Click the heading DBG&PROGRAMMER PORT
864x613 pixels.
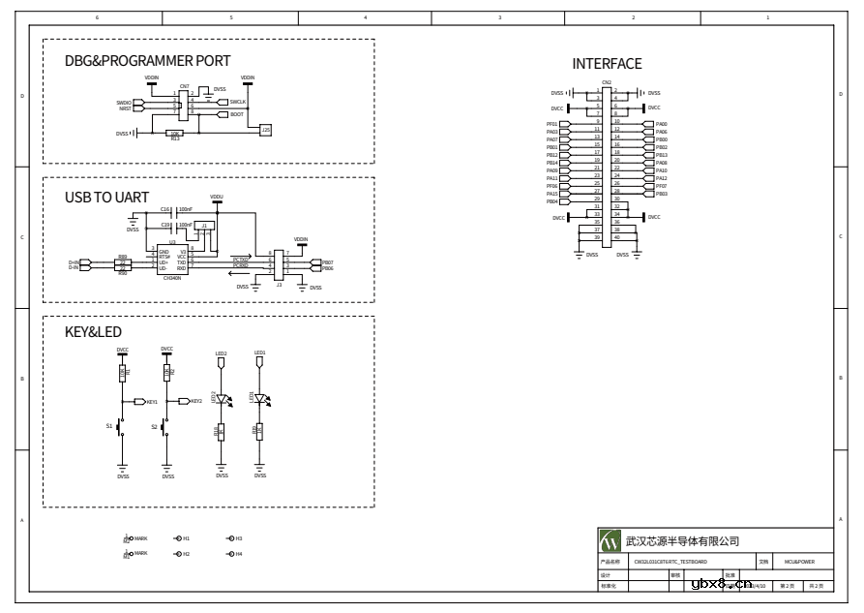[147, 61]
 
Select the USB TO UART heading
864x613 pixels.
[106, 197]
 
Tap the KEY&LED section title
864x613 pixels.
[93, 332]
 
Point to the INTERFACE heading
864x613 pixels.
[607, 64]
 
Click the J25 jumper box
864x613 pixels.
[266, 129]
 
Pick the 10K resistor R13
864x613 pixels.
[175, 134]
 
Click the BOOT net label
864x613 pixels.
[236, 114]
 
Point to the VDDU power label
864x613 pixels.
[216, 197]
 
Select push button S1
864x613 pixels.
[119, 426]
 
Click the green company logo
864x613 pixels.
[610, 540]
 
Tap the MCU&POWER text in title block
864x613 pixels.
[800, 561]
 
